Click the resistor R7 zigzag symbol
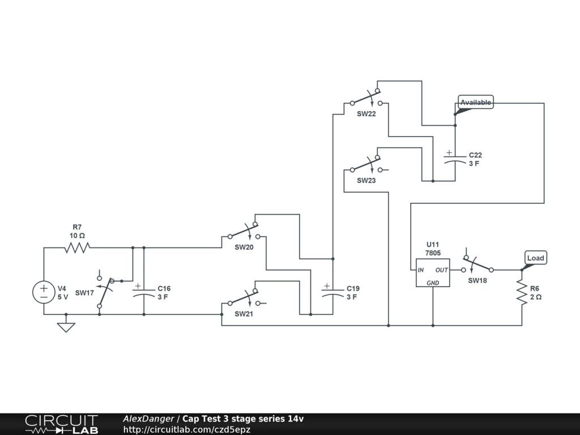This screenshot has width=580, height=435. tap(78, 248)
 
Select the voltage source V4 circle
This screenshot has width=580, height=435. tap(44, 292)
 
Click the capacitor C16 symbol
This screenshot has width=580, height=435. tap(144, 291)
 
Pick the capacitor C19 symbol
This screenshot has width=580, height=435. tap(332, 291)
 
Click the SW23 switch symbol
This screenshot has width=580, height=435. tap(366, 164)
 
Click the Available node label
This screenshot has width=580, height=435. tap(475, 103)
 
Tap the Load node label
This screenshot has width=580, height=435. tap(535, 258)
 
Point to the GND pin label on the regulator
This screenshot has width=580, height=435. tap(433, 282)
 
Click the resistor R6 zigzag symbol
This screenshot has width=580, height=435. tap(522, 293)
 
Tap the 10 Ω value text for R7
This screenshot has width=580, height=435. tap(78, 235)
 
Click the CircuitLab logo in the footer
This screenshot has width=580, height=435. tap(61, 424)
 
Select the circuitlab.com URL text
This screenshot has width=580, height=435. tap(187, 430)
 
